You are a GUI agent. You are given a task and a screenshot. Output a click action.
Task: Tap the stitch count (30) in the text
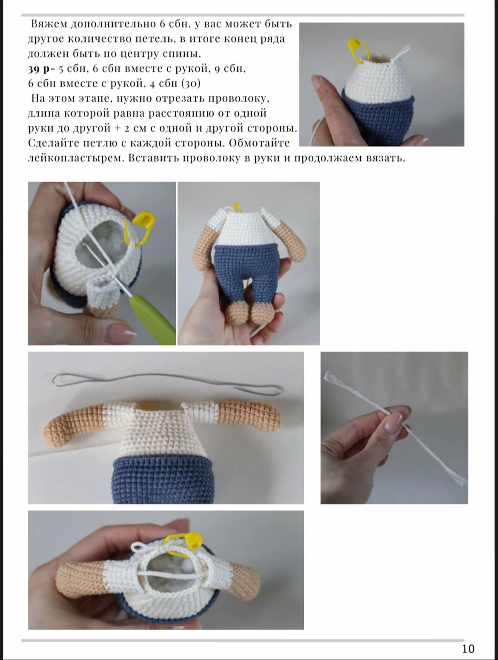pyautogui.click(x=191, y=83)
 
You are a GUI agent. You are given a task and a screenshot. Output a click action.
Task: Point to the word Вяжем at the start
pyautogui.click(x=49, y=24)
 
